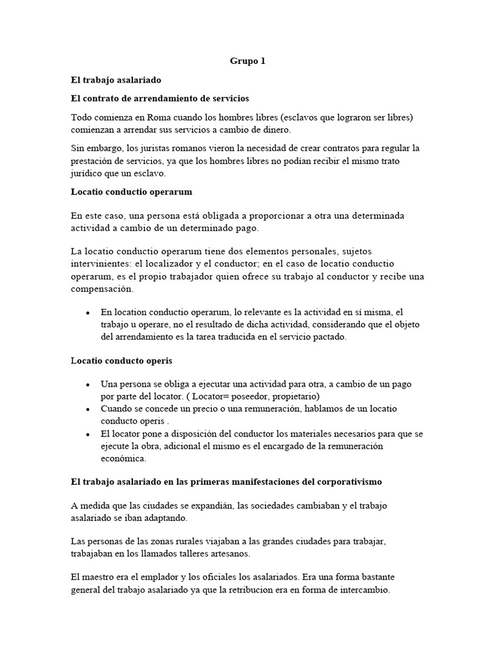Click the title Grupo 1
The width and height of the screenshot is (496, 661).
click(247, 61)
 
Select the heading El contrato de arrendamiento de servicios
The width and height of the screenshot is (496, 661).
click(160, 98)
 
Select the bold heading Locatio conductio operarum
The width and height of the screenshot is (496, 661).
click(131, 192)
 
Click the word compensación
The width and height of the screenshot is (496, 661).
click(99, 289)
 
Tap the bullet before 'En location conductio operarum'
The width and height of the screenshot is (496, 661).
click(88, 312)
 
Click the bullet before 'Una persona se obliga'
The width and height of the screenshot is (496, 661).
click(88, 384)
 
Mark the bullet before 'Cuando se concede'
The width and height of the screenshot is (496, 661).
click(88, 409)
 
